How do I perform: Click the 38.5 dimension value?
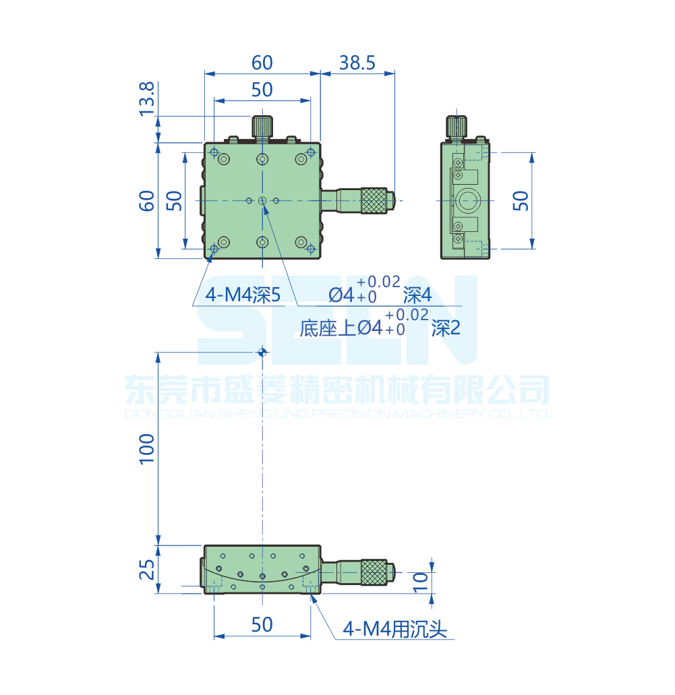click(357, 63)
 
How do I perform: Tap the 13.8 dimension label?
click(147, 98)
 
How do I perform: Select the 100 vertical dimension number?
click(147, 448)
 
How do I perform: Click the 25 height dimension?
click(147, 570)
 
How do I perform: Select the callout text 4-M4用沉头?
click(395, 630)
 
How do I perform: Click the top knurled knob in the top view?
click(262, 126)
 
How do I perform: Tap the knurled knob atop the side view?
click(457, 126)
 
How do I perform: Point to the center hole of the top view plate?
click(262, 200)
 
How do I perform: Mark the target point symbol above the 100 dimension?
click(262, 351)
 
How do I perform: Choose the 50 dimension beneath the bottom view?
click(262, 625)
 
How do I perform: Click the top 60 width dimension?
click(262, 63)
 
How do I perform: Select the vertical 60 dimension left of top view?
click(147, 200)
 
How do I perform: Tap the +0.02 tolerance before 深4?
click(378, 282)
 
